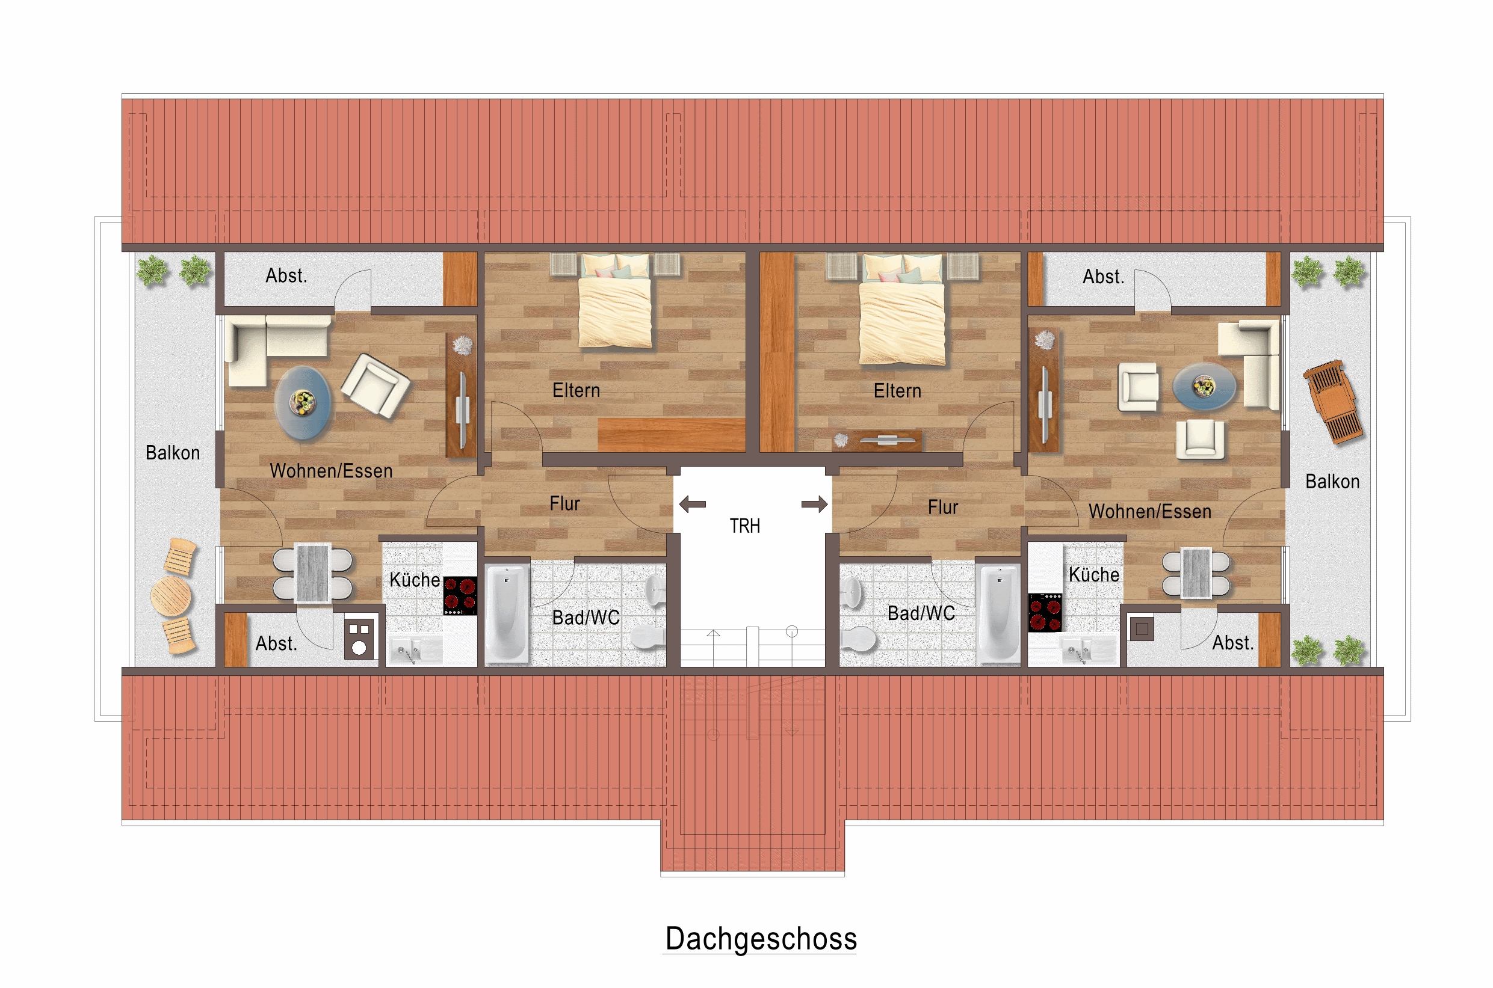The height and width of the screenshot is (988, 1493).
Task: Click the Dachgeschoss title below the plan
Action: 761,939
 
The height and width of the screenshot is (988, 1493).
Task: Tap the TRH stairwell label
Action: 744,526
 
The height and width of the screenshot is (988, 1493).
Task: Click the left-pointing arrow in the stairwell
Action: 692,504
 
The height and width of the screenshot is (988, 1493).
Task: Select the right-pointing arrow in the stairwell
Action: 814,504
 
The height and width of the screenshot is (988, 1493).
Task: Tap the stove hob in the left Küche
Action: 460,595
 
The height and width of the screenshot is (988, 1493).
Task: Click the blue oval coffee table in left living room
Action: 303,403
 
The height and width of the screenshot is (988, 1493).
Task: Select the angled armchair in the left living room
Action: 376,386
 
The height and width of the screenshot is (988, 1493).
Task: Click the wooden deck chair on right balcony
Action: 1333,402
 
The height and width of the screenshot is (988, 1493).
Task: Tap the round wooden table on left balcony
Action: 170,596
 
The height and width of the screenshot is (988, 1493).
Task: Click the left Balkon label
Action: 173,453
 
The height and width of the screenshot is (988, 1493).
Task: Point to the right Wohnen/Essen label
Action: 1150,512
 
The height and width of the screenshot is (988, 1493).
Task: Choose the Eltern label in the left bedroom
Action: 576,391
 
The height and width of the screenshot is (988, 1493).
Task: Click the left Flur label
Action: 564,504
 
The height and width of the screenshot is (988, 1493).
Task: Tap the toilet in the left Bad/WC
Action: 649,636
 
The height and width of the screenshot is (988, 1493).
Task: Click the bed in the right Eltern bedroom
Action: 902,309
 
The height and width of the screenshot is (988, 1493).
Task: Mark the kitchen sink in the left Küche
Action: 415,649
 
